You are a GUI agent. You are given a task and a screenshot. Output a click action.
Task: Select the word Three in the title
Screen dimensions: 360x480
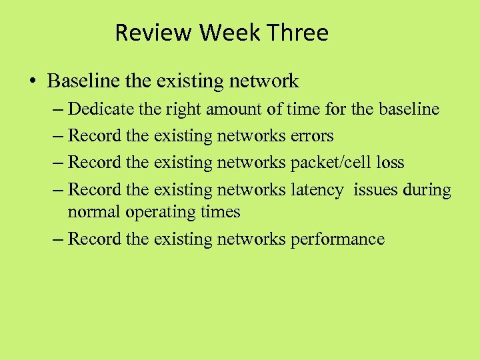[x=301, y=33]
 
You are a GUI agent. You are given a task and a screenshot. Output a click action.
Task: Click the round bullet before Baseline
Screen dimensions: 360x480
[x=33, y=82]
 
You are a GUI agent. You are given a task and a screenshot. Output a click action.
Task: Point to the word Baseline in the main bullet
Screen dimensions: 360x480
[x=84, y=81]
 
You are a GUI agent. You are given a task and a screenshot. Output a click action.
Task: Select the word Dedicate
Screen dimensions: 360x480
[x=101, y=108]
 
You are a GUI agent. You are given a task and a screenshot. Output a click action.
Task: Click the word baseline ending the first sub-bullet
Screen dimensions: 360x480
[x=409, y=108]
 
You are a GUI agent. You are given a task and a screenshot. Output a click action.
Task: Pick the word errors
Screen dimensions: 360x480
[x=312, y=135]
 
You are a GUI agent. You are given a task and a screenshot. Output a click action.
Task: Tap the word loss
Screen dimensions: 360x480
[x=389, y=163]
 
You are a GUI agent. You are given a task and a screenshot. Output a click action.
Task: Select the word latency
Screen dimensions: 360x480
[x=317, y=190]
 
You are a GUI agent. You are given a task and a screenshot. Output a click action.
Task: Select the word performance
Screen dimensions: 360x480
[x=337, y=239]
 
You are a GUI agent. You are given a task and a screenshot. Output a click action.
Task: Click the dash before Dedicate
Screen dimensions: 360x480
[x=57, y=109]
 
